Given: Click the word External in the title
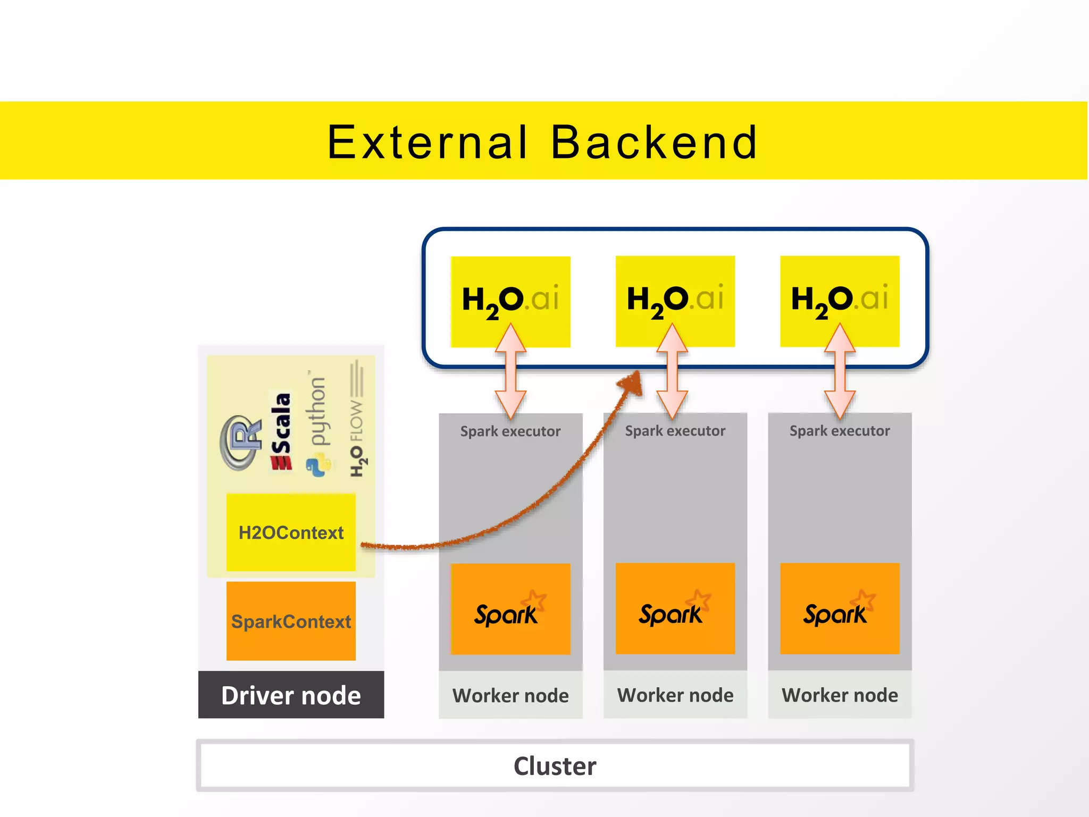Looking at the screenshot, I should point(427,143).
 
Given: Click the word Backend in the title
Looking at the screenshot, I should point(654,143).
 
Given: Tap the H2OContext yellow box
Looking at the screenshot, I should point(291,532).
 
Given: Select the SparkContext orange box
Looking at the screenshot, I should point(291,621).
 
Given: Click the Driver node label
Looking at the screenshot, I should point(291,695).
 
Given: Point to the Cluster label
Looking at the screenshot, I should point(555,766).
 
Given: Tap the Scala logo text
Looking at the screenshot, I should point(281,431).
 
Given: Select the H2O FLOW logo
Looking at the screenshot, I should point(357,420).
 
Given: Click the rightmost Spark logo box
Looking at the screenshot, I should point(840,609).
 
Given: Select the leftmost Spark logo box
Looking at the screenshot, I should point(510,609).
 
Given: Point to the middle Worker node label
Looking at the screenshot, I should point(675,695).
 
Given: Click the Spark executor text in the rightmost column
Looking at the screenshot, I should point(839,431).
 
